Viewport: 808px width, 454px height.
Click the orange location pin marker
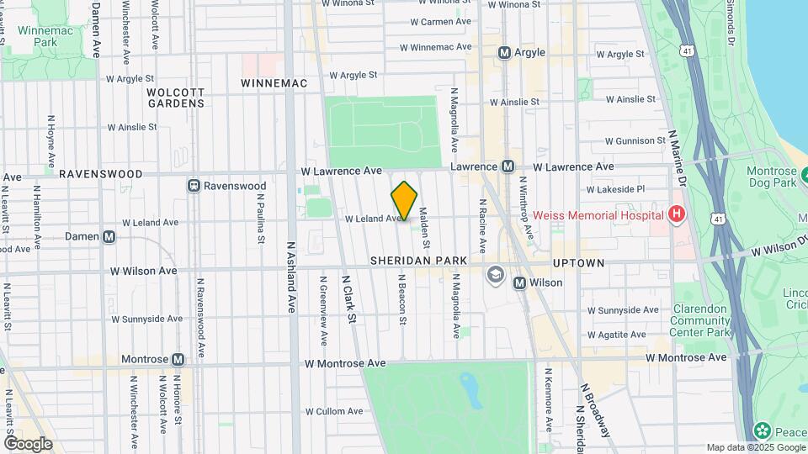point(404,200)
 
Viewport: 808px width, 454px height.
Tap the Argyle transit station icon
point(505,53)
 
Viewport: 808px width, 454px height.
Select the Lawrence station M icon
point(508,166)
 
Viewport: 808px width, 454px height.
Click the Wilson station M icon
point(519,282)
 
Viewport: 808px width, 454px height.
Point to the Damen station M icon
point(109,237)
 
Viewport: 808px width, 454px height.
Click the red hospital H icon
point(675,215)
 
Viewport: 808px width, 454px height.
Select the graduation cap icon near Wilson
point(495,274)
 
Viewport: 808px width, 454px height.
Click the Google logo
point(28,443)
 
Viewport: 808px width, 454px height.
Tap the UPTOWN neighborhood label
point(577,263)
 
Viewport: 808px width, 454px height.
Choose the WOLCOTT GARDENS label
point(175,98)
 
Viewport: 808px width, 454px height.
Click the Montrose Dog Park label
point(772,177)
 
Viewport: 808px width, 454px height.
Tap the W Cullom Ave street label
point(333,411)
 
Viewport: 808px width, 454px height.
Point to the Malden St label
point(426,229)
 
